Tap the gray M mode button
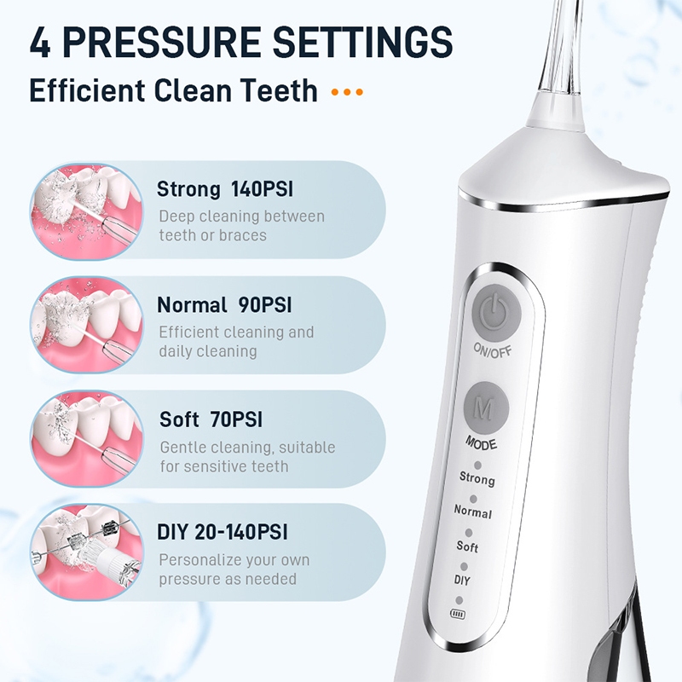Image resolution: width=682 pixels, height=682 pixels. [486, 407]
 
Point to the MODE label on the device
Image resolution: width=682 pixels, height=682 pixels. [481, 443]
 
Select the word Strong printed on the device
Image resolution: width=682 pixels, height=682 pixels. [477, 478]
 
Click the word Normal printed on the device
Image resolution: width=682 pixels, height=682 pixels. [473, 511]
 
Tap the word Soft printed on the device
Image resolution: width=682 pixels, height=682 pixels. [467, 546]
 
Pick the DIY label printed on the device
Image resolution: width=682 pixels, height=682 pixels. [462, 581]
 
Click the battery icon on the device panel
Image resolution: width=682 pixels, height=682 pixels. [458, 614]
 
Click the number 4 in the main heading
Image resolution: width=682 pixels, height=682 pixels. [40, 42]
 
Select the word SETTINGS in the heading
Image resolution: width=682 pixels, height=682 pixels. [363, 42]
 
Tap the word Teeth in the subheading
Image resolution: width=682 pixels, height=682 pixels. [280, 90]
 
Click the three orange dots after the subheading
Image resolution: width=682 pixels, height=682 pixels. [347, 92]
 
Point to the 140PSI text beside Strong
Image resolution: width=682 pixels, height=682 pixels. [262, 189]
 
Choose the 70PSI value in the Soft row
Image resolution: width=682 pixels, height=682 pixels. [236, 419]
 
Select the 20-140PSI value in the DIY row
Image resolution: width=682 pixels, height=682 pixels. [241, 532]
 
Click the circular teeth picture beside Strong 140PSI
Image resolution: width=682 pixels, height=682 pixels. [87, 211]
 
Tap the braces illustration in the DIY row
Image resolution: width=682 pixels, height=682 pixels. [87, 552]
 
